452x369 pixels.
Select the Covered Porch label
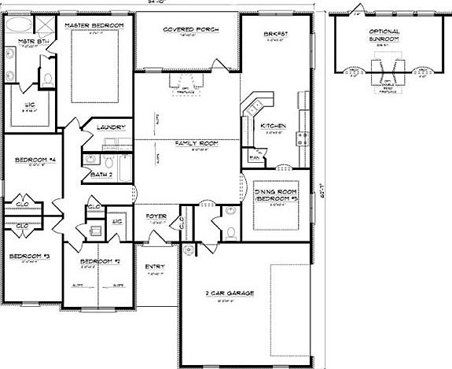click(190, 29)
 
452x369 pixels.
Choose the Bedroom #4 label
click(31, 161)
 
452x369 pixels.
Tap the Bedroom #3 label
click(30, 256)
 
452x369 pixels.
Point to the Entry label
click(156, 267)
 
